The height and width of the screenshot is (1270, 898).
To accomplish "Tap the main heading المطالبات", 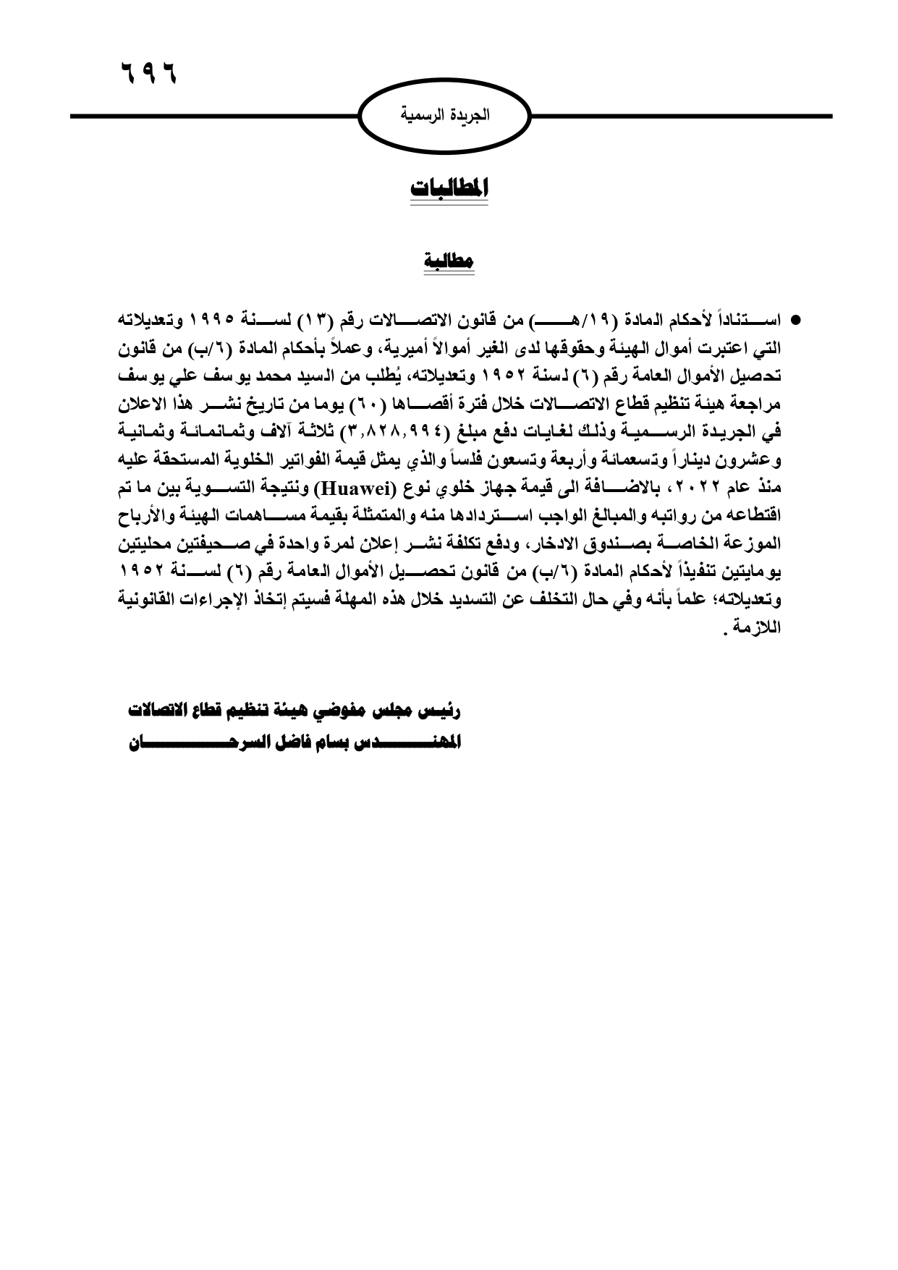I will [450, 187].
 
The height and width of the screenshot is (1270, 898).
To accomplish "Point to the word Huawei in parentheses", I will [350, 484].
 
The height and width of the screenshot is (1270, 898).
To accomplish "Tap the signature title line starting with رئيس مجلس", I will [294, 711].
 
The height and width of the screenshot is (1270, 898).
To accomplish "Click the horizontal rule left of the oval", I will [214, 116].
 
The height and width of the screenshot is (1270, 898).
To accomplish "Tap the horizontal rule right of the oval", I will [680, 116].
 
